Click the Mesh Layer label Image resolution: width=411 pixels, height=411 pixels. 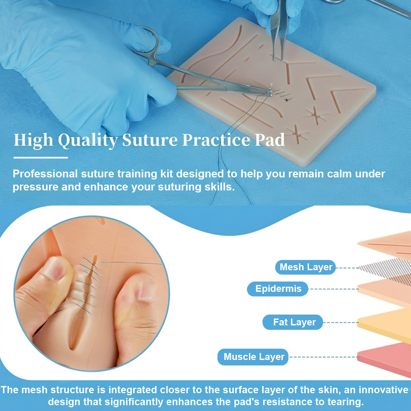pyautogui.click(x=306, y=267)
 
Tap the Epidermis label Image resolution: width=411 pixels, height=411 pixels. pyautogui.click(x=278, y=289)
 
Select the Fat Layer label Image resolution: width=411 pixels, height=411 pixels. pyautogui.click(x=294, y=322)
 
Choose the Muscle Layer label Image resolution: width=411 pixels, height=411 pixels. pyautogui.click(x=253, y=357)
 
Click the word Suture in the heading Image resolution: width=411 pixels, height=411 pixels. pyautogui.click(x=150, y=140)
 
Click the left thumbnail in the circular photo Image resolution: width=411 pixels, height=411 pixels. pyautogui.click(x=54, y=267)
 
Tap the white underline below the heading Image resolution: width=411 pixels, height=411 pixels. pyautogui.click(x=41, y=158)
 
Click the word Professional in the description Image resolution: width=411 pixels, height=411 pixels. pyautogui.click(x=46, y=174)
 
